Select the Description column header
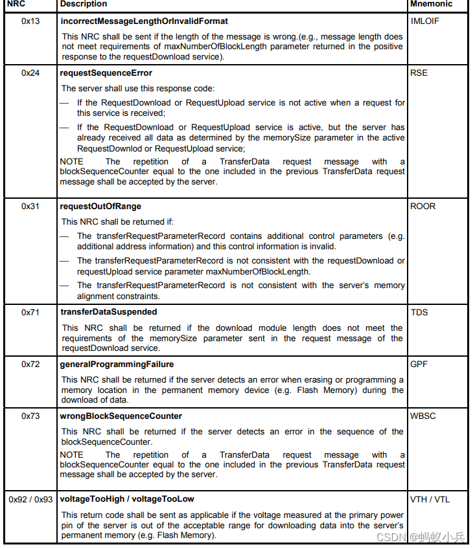[84, 5]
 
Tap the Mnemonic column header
[431, 5]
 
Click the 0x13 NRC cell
[30, 21]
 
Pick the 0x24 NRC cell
[30, 73]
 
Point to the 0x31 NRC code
[30, 207]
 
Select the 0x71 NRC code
[30, 312]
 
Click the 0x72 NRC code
[30, 364]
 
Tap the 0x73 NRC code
[30, 416]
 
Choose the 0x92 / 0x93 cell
[30, 500]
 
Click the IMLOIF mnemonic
[425, 21]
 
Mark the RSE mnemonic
[419, 73]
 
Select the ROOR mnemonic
[423, 207]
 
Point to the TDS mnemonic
[419, 312]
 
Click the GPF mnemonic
[419, 364]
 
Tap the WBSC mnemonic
[423, 416]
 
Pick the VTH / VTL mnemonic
[430, 500]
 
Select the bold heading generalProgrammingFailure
[117, 364]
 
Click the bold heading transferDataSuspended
[108, 312]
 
